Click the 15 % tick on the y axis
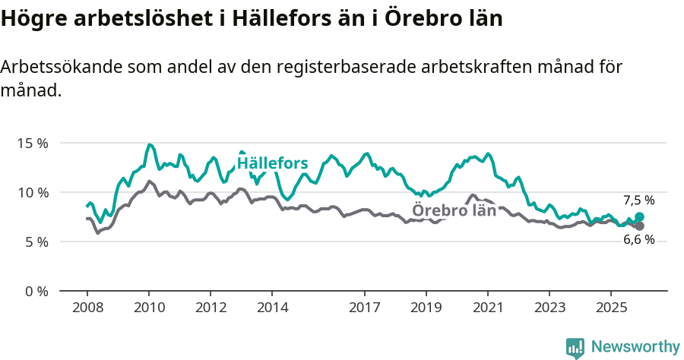pyautogui.click(x=32, y=143)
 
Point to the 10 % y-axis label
pyautogui.click(x=32, y=192)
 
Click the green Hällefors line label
pyautogui.click(x=272, y=163)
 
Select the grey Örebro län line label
pyautogui.click(x=454, y=210)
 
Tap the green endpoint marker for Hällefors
pyautogui.click(x=640, y=217)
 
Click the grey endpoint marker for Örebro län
pyautogui.click(x=640, y=226)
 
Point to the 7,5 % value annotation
pyautogui.click(x=638, y=201)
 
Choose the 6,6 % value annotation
pyautogui.click(x=638, y=240)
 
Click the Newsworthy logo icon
pyautogui.click(x=575, y=347)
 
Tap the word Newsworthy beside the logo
pyautogui.click(x=635, y=347)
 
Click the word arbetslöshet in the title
pyautogui.click(x=147, y=18)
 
